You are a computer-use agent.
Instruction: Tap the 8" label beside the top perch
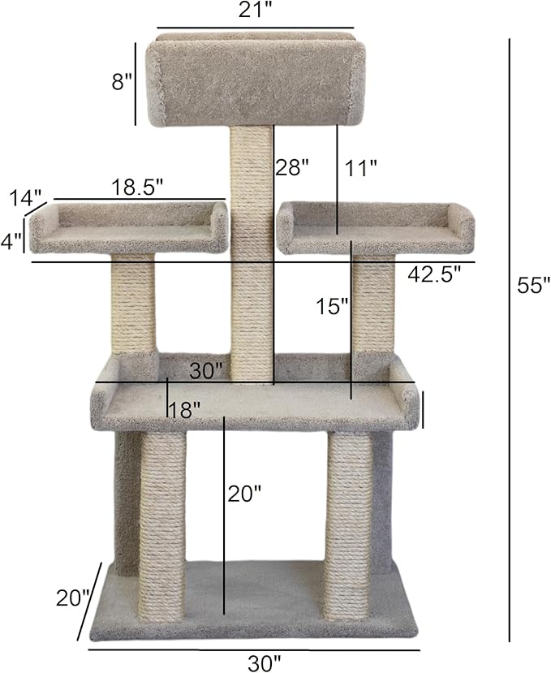tap(123, 81)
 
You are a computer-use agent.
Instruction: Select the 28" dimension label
tap(292, 168)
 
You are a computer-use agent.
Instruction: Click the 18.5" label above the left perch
tap(138, 185)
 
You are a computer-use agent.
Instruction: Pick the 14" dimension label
tap(26, 198)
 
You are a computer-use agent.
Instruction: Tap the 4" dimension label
tap(11, 242)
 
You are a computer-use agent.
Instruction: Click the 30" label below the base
tap(265, 662)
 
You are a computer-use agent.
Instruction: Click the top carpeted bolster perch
tap(252, 81)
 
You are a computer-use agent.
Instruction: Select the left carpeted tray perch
tap(128, 230)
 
